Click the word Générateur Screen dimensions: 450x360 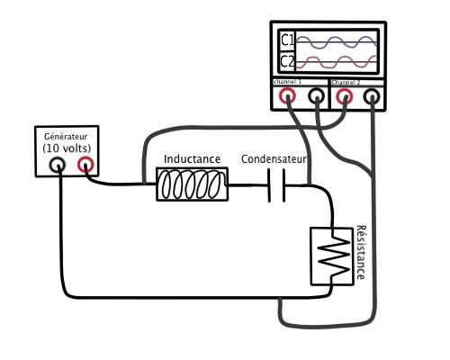(x=66, y=137)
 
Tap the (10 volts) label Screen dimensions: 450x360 (x=67, y=148)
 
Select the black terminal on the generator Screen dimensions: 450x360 (x=57, y=165)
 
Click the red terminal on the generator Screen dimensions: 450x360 (x=85, y=165)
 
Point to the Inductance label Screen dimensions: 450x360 (x=192, y=159)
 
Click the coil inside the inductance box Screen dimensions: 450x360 (x=192, y=184)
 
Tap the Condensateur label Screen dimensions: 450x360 (x=274, y=159)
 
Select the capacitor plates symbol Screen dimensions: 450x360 (x=276, y=185)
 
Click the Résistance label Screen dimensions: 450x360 (x=361, y=252)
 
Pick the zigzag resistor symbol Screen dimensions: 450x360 (x=334, y=256)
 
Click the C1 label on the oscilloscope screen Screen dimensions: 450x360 (x=287, y=40)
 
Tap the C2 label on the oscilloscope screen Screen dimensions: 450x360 (x=287, y=62)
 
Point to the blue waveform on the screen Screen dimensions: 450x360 (x=337, y=42)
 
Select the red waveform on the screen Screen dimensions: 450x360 (x=337, y=62)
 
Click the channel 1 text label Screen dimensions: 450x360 (x=287, y=82)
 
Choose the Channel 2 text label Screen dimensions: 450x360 (x=346, y=82)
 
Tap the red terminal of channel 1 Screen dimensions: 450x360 (x=287, y=96)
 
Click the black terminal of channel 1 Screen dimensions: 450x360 (x=317, y=96)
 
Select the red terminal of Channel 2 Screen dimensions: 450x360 (x=344, y=96)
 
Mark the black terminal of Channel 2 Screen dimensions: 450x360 (x=372, y=96)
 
